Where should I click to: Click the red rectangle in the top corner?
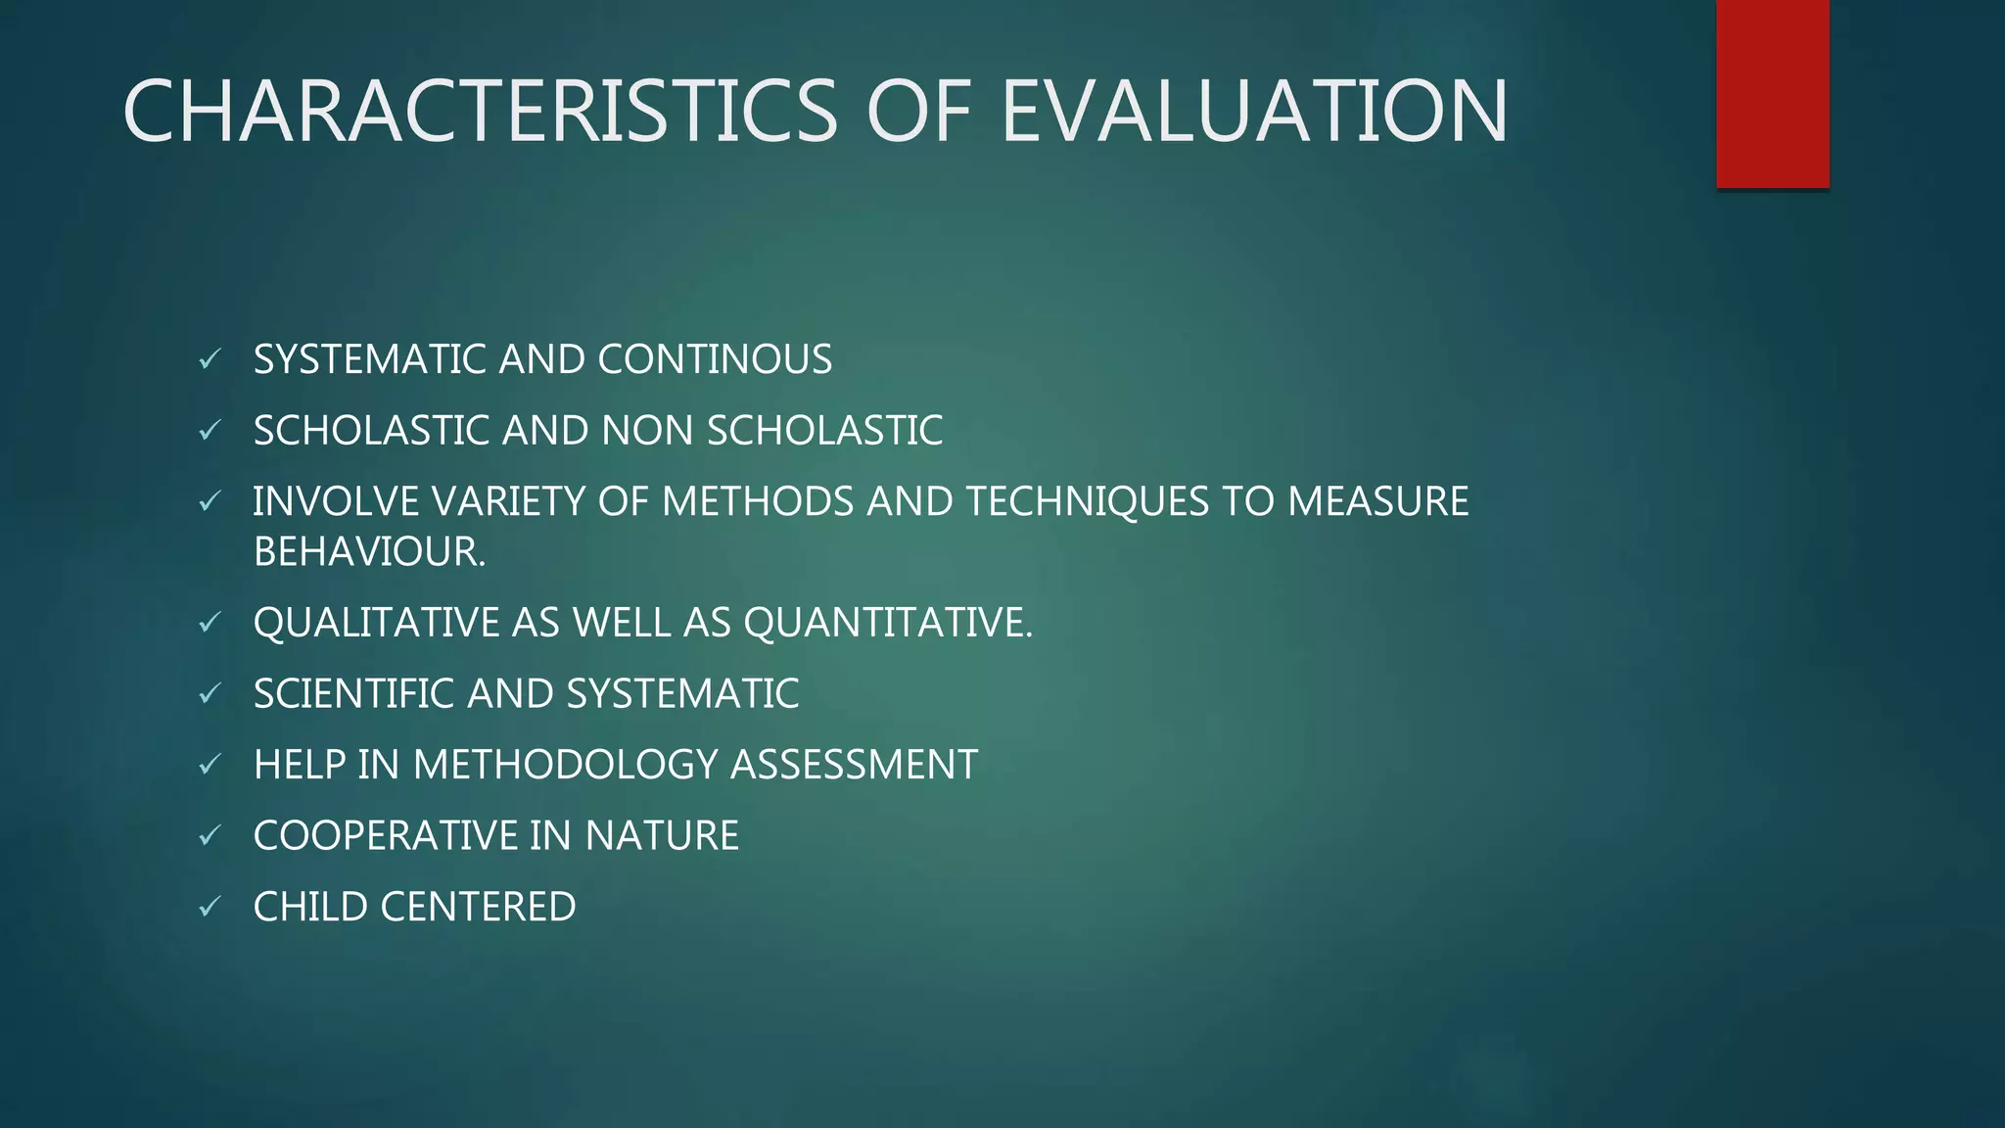coord(1772,94)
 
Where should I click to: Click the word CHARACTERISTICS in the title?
coord(480,112)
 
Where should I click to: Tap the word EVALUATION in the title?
coord(1254,112)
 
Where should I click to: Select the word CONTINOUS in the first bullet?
coord(715,359)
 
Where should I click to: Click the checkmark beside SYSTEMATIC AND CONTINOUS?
coord(210,360)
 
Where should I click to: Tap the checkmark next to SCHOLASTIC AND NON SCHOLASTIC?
coord(210,431)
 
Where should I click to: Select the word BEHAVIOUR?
coord(369,552)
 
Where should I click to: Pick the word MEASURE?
coord(1377,501)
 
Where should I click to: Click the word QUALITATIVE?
coord(376,623)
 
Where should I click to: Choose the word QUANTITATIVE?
coord(887,623)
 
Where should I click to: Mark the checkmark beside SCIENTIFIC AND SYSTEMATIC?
coord(210,694)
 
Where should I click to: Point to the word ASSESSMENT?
coord(854,765)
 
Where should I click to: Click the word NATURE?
coord(662,836)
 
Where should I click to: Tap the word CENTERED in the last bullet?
coord(478,907)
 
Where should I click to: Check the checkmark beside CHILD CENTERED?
coord(210,908)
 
